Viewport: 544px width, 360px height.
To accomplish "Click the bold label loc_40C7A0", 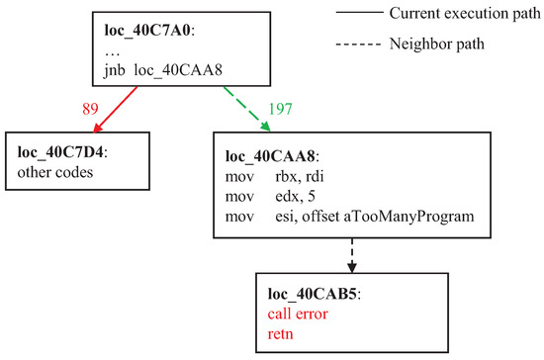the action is click(x=147, y=31).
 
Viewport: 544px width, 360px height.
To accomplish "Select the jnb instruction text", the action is click(x=163, y=70).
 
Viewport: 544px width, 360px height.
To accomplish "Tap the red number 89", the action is click(x=90, y=109).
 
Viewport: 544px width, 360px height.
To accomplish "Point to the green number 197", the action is click(x=280, y=109).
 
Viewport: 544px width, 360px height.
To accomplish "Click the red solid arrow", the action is click(x=115, y=109).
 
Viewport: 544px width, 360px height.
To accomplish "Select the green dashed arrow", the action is click(x=246, y=109).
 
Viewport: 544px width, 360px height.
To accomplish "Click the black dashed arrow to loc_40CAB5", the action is click(x=352, y=255).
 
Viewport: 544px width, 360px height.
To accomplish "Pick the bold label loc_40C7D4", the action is click(x=60, y=152).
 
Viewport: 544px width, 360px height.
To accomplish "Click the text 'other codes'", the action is click(x=55, y=172).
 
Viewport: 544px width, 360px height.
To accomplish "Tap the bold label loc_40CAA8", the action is click(x=270, y=156).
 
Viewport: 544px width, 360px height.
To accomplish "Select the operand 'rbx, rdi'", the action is click(x=300, y=176).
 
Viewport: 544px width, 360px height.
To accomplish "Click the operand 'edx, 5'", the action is click(x=296, y=196).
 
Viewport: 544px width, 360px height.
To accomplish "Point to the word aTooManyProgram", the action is click(x=409, y=217).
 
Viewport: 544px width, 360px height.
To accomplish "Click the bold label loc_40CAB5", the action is click(x=313, y=294).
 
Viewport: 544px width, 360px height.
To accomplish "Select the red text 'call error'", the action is click(x=298, y=314).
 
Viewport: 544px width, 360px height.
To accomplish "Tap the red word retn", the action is click(x=280, y=334).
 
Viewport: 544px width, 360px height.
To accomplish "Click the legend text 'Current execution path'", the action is click(x=465, y=14).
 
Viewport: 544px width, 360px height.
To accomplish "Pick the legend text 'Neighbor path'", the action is click(x=436, y=45).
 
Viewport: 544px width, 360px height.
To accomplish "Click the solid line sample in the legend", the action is click(x=360, y=13).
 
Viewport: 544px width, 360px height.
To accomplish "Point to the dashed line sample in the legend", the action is click(x=359, y=45).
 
